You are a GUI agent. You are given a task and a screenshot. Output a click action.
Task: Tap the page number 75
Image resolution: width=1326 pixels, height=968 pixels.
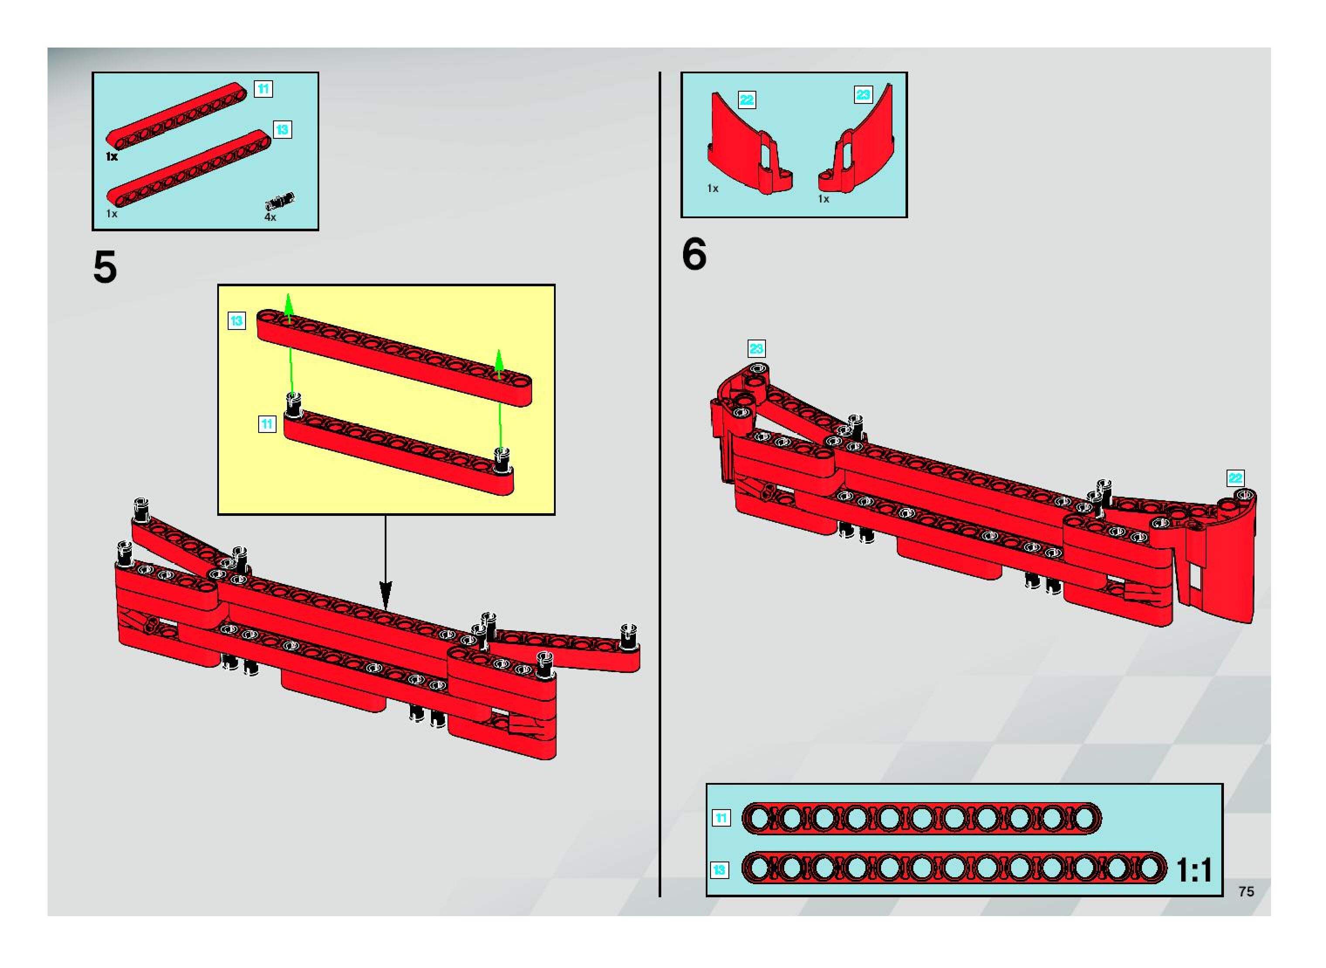point(1246,891)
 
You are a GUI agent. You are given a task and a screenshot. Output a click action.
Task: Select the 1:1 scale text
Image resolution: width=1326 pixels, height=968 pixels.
point(1194,870)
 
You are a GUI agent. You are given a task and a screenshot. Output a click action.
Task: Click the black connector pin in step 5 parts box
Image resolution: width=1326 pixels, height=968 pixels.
point(280,201)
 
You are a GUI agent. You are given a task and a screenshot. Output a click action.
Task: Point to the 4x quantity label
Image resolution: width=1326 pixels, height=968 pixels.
point(270,217)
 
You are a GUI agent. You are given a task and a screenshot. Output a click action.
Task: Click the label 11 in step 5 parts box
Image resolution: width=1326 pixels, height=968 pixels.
point(263,89)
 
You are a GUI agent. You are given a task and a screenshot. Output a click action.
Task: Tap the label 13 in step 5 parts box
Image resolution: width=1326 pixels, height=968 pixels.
point(282,130)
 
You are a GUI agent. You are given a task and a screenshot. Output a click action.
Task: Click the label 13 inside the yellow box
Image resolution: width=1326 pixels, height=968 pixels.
point(236,320)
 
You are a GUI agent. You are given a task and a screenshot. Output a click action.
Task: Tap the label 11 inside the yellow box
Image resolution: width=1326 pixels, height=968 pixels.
point(267,424)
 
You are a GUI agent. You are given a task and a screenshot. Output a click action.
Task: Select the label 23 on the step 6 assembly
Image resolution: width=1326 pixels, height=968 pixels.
point(756,349)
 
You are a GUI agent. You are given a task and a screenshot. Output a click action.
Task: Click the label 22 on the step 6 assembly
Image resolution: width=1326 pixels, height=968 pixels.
point(1235,478)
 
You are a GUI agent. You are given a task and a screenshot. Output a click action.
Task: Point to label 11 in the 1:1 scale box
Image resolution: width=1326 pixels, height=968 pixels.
point(721,818)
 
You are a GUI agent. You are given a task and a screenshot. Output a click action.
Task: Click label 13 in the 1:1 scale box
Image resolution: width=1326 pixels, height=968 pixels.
point(719,870)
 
